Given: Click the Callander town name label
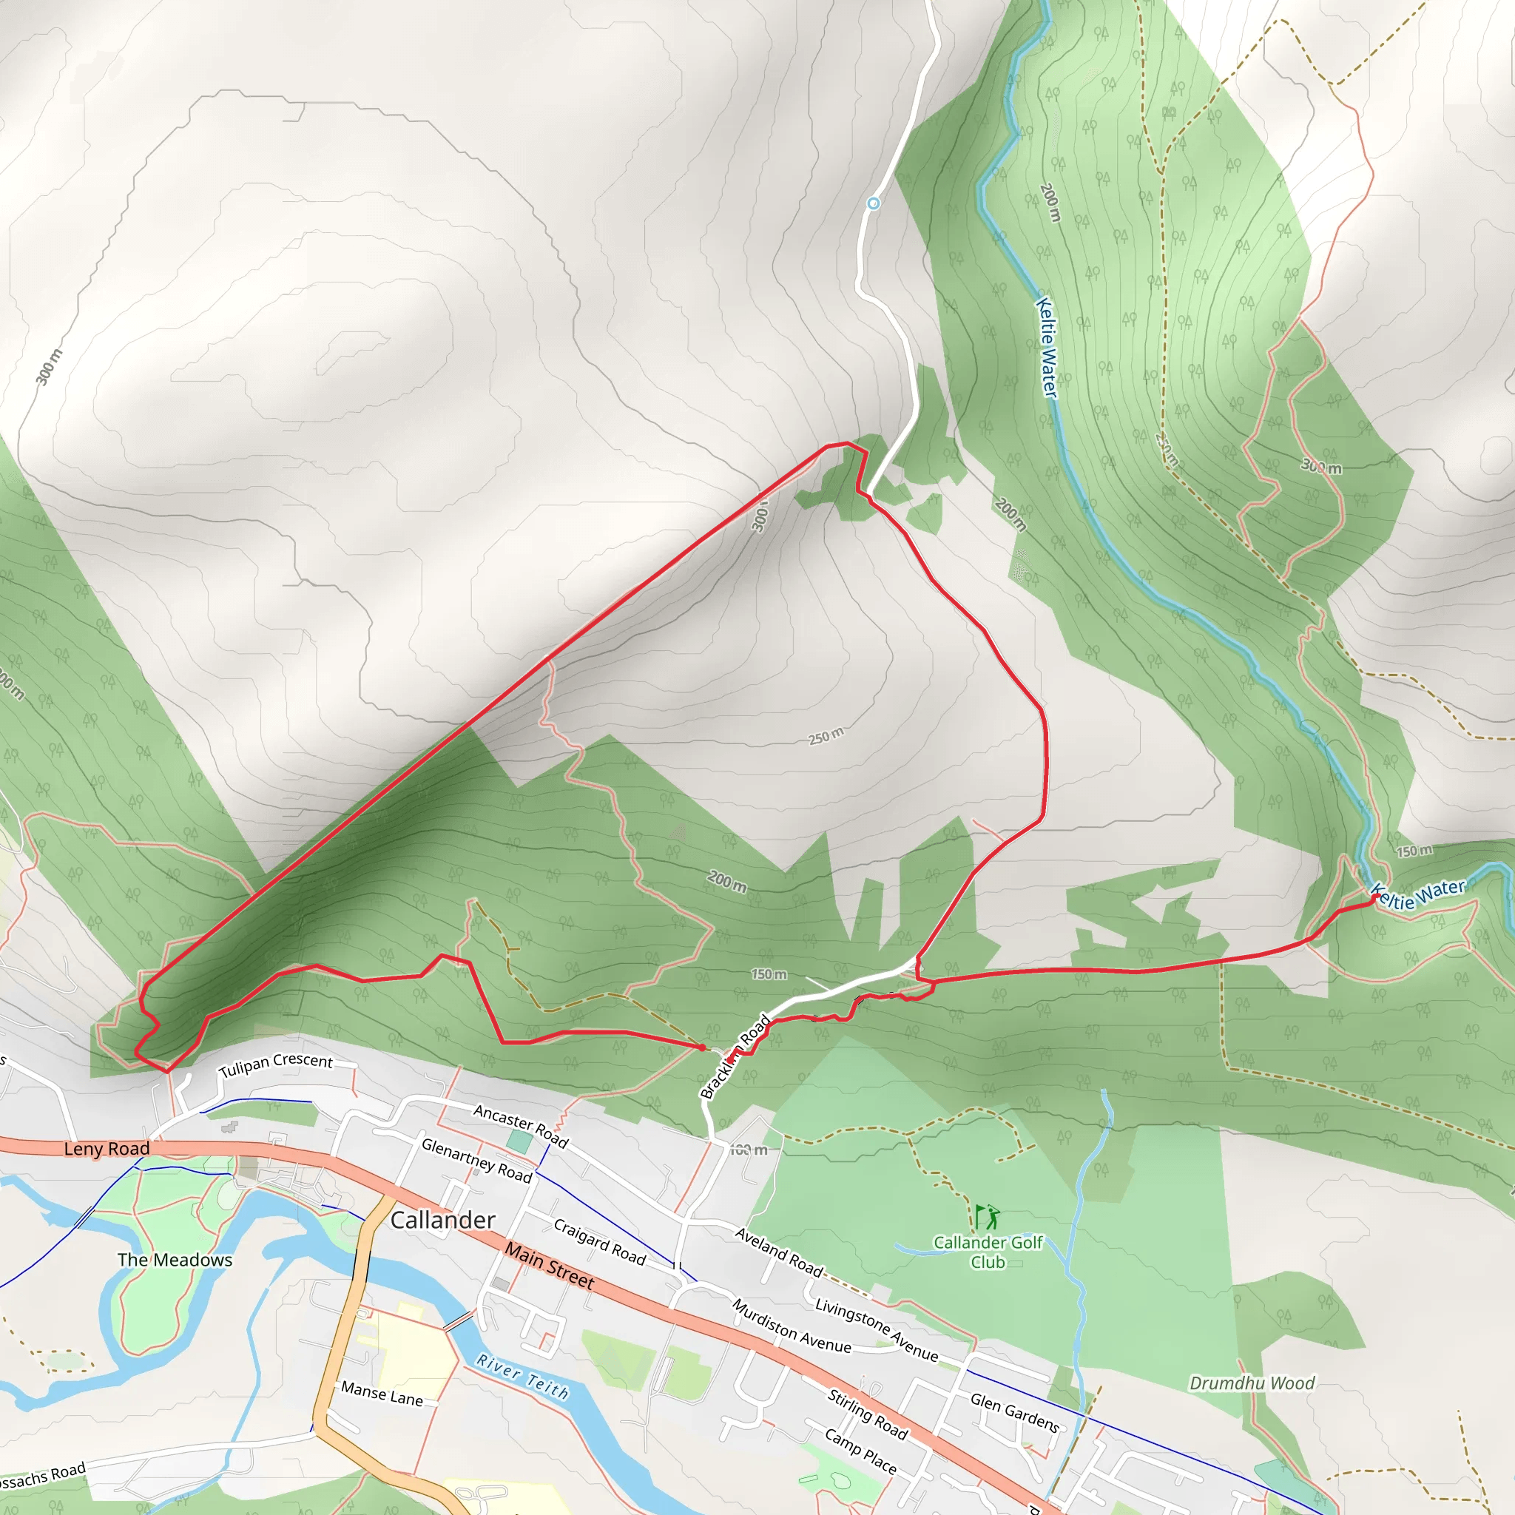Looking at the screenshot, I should [x=442, y=1220].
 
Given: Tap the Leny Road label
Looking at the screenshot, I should [x=107, y=1149].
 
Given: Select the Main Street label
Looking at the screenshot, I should [x=549, y=1266].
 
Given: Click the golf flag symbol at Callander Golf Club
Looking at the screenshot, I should [x=987, y=1217].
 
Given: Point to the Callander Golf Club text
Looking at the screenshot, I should [x=988, y=1252].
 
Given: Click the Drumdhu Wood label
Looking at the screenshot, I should [x=1252, y=1383].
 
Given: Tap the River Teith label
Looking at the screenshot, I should [x=522, y=1377].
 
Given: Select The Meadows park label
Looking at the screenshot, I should [x=175, y=1260].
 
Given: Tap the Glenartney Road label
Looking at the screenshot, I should [x=477, y=1161].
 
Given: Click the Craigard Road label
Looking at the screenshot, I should [x=600, y=1242].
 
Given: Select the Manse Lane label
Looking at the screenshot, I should [x=382, y=1394].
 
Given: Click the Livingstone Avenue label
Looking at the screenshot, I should [x=876, y=1330].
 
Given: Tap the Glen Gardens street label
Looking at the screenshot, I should [x=1015, y=1413].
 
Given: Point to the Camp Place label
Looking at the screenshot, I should [x=860, y=1451].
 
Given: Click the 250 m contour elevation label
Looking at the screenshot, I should [x=826, y=736].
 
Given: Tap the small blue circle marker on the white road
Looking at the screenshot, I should [x=874, y=204].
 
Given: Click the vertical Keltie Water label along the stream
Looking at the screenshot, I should [x=1047, y=348].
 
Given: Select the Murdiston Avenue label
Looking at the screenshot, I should [x=792, y=1326].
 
